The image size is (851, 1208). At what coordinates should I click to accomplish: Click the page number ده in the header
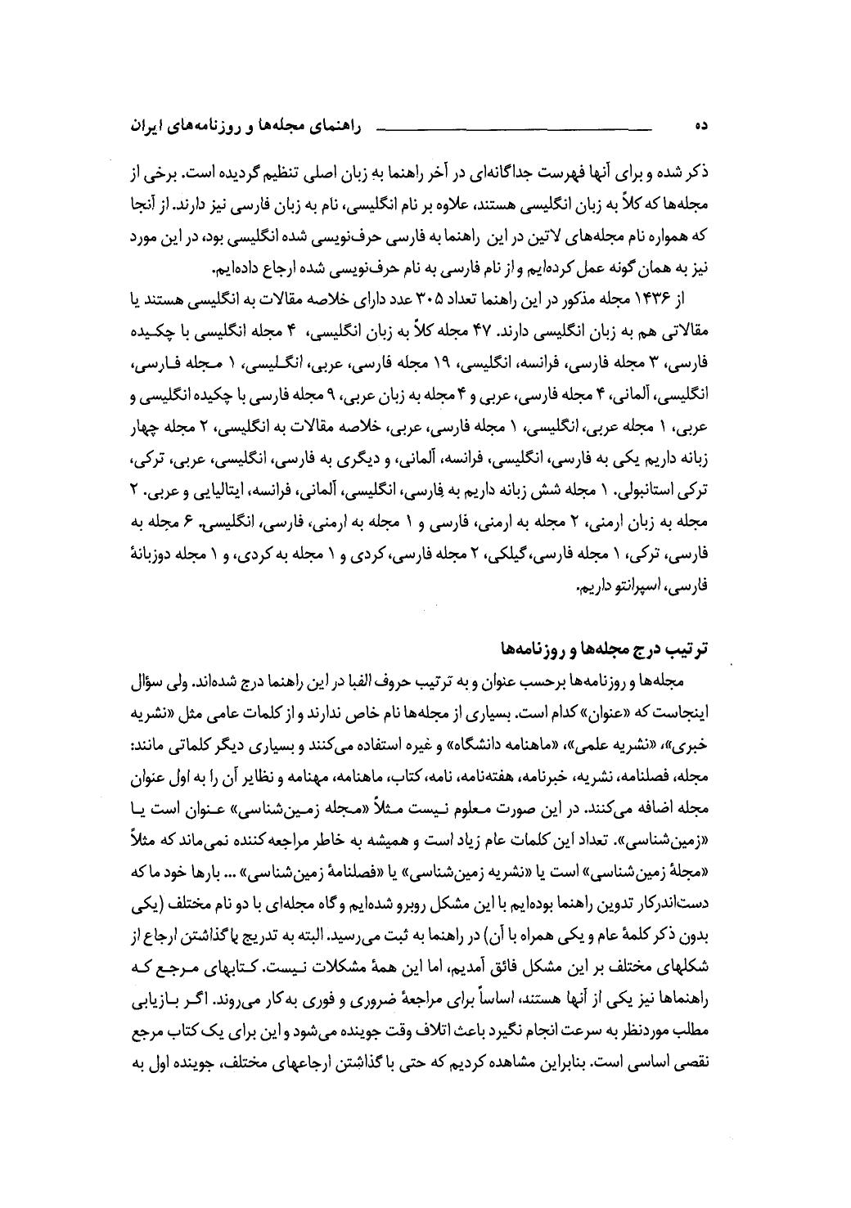[700, 127]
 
